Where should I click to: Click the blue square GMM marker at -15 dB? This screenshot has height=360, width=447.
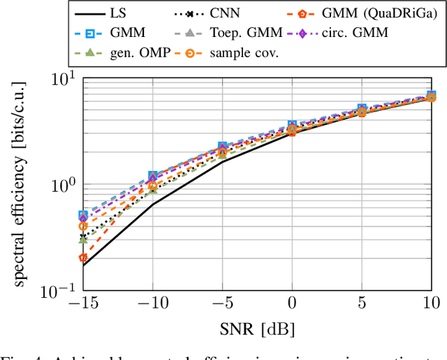tap(83, 215)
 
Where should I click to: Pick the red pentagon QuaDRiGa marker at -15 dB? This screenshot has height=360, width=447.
tap(83, 258)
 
